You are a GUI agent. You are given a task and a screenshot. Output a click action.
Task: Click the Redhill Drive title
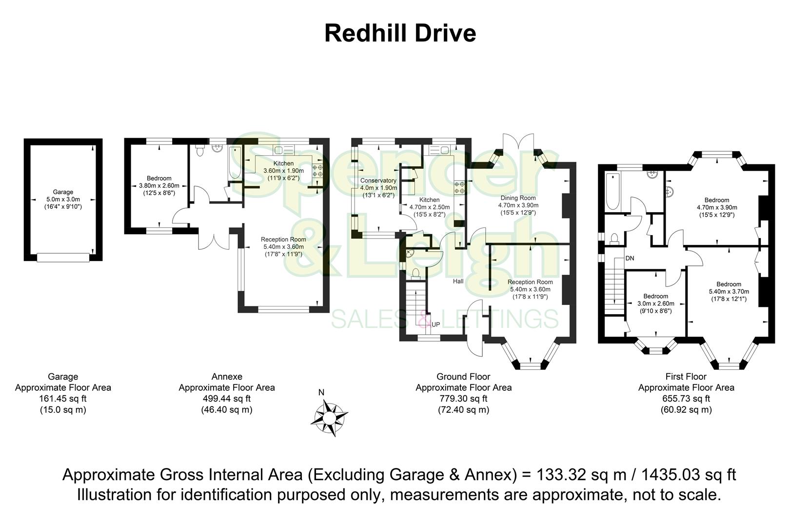tap(400, 34)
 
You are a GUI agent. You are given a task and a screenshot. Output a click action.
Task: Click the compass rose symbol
tap(329, 418)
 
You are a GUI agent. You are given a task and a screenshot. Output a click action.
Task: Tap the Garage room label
tap(63, 192)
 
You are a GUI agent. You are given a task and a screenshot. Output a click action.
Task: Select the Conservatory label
tap(378, 181)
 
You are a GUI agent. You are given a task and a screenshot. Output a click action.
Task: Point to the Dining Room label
tap(517, 198)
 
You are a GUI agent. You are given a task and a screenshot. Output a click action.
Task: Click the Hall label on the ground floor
tap(458, 282)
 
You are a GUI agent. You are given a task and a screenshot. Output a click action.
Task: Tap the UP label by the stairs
tap(435, 324)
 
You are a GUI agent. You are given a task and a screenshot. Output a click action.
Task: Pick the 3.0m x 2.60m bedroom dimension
tap(655, 304)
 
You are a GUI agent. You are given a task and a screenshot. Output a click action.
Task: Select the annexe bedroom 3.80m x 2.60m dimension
tap(159, 185)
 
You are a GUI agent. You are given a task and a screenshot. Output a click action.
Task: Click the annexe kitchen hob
tap(317, 170)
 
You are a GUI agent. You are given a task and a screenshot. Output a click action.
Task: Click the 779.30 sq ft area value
tap(463, 399)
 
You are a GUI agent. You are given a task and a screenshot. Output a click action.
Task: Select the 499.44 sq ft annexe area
tap(226, 399)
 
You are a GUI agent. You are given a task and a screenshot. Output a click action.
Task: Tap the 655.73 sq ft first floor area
tap(686, 399)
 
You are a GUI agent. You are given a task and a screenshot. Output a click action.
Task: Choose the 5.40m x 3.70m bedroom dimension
tap(729, 292)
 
